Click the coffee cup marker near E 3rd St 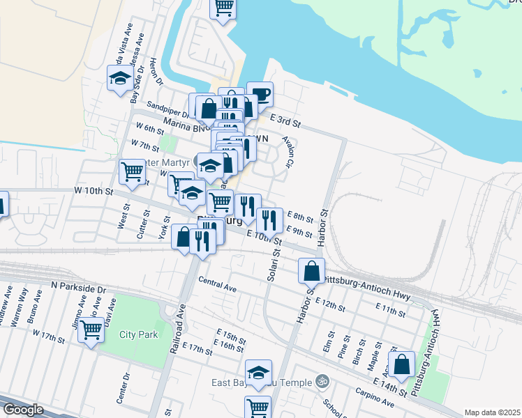click(260, 94)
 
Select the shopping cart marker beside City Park click(91, 330)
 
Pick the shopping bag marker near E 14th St click(402, 363)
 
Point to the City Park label click(136, 334)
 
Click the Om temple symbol click(322, 381)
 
